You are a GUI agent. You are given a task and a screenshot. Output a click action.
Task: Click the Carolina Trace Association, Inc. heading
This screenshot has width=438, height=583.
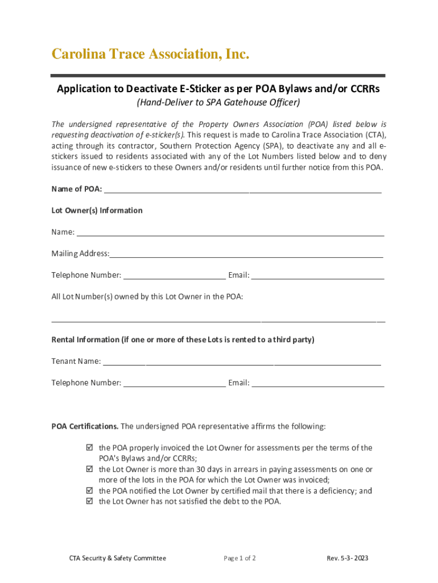coord(150,55)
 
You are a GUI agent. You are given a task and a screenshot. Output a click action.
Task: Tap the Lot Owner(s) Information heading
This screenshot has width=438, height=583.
coord(97,211)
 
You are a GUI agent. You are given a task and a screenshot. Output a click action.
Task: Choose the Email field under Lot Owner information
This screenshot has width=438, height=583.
coord(317,275)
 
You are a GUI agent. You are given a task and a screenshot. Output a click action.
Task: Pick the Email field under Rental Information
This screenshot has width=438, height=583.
coord(317,383)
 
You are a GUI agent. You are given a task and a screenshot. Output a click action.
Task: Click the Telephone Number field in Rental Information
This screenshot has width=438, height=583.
coord(174,383)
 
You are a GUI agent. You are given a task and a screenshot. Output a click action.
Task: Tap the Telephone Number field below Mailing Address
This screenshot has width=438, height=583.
coord(174,275)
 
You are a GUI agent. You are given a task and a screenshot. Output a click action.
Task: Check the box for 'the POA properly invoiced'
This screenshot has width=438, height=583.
coord(89,448)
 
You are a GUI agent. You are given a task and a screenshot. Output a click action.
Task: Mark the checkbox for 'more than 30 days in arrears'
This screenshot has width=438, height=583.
coord(89,470)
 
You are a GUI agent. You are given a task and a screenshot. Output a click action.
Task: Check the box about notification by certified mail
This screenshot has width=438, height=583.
coord(89,491)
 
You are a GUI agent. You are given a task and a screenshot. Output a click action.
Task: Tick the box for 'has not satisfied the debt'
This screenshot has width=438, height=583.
coord(89,502)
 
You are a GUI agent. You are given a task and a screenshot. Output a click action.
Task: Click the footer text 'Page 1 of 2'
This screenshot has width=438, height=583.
coord(239,558)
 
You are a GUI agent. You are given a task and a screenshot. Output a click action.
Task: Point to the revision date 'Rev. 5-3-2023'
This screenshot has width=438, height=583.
coord(347,558)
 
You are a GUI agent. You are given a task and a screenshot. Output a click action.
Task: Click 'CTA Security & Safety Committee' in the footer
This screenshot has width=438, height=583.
coord(114,558)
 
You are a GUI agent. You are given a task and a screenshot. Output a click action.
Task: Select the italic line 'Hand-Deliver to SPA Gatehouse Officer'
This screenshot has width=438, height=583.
coord(218,103)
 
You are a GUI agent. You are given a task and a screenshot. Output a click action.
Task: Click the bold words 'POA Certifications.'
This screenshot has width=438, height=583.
coord(85,426)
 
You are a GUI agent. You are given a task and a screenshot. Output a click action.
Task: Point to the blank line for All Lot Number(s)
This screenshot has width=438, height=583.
coord(218,318)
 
